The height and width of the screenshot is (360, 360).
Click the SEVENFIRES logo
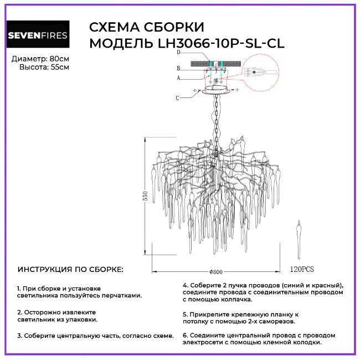coord(38,34)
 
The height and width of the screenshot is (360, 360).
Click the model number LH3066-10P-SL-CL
coord(221,43)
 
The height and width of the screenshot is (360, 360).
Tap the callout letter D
coord(179,53)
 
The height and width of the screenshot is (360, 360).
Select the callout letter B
coord(178,68)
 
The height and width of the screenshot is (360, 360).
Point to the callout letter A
coord(178,78)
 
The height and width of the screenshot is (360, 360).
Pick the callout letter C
coord(177,98)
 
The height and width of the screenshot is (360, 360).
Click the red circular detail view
coord(261,73)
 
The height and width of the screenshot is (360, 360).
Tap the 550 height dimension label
coord(145,196)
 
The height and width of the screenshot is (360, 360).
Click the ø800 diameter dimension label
coord(216,272)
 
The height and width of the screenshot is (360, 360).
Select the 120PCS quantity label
coord(302,269)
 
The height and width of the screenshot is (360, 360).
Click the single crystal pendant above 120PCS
coord(299,240)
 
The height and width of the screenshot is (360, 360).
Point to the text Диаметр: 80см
coord(40,59)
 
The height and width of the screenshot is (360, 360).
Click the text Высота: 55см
coord(44,67)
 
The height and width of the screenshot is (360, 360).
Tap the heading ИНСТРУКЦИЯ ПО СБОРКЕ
coord(70,270)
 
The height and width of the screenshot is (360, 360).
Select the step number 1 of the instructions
coord(19,289)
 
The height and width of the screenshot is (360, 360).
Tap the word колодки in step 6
coord(306,342)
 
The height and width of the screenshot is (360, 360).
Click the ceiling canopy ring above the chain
coord(216,90)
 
